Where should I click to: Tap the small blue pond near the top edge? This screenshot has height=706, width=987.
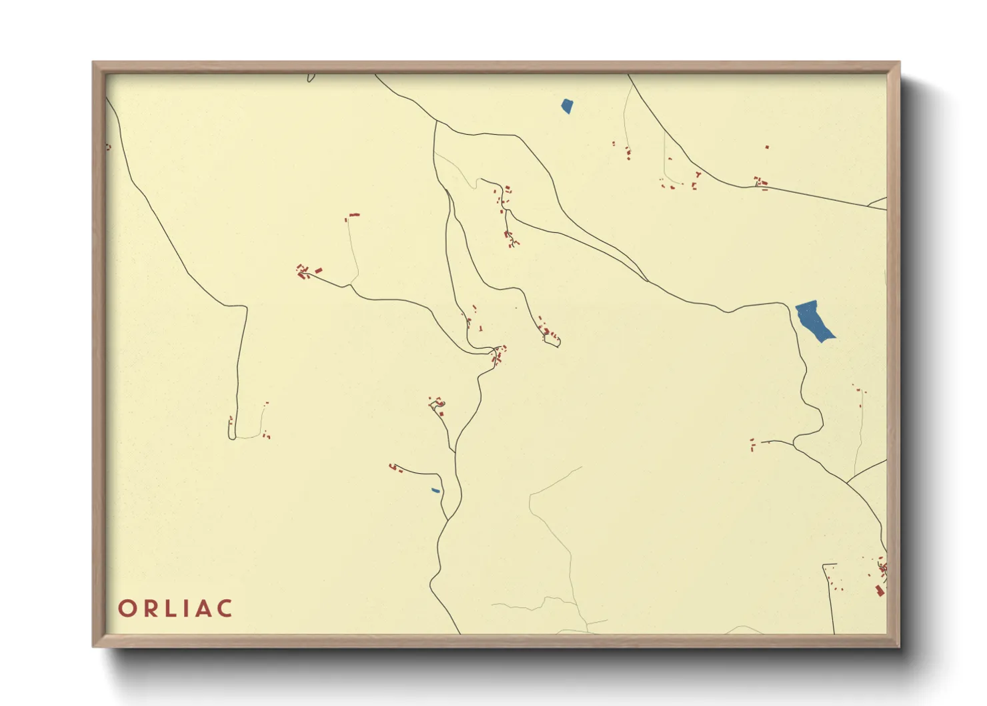[566, 105]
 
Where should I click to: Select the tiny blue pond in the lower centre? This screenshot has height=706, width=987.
[435, 490]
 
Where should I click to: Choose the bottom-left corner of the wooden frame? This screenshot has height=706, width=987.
[95, 645]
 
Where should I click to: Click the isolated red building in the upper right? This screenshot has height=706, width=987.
[767, 147]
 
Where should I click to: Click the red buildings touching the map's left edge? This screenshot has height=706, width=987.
[108, 147]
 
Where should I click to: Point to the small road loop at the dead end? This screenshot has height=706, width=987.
[552, 342]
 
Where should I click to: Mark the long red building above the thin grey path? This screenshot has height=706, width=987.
[354, 215]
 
